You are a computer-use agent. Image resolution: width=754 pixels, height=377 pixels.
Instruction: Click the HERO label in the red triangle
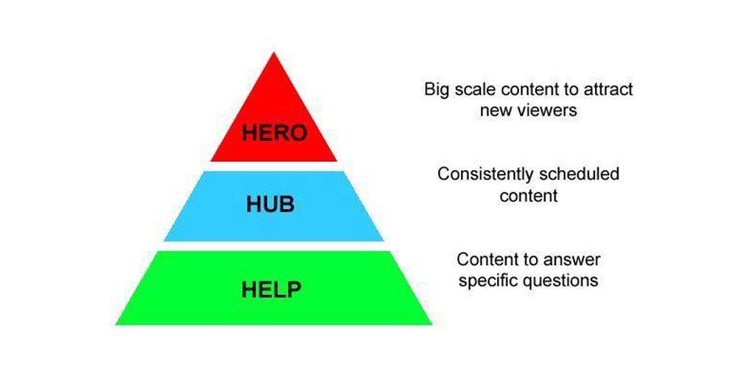tap(274, 134)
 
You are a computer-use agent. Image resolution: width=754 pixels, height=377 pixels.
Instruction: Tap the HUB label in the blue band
tap(270, 204)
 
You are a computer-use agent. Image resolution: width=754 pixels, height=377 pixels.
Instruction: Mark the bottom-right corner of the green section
tap(431, 324)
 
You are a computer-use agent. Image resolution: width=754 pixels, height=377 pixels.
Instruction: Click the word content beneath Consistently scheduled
tap(528, 196)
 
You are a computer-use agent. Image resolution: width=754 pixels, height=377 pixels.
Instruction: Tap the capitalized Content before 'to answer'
tap(486, 260)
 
